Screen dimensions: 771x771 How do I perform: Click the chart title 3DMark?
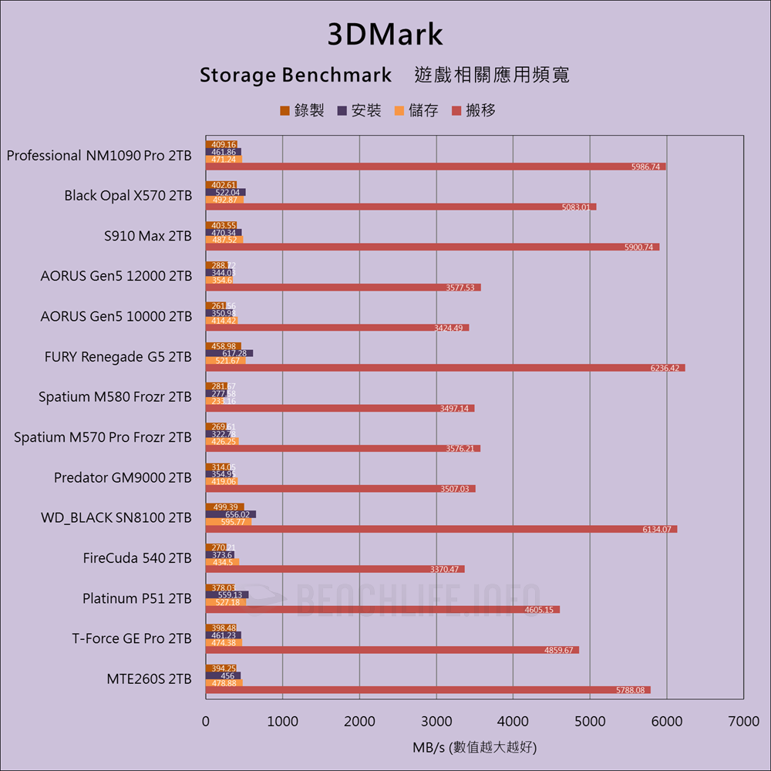point(385,35)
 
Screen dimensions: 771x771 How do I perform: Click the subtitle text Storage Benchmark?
point(295,76)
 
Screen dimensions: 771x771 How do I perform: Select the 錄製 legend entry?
point(301,110)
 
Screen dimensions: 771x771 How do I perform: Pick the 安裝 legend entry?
point(359,110)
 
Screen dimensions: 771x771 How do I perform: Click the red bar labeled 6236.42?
point(445,368)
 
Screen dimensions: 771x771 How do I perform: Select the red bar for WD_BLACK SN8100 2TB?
point(441,529)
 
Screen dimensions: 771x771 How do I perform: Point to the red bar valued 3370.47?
point(335,569)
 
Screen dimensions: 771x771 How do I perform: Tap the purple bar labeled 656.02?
point(231,514)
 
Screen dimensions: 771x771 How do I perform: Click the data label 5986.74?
point(645,167)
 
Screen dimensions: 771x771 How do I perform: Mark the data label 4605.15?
point(538,610)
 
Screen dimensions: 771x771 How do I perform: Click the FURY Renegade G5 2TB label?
point(118,357)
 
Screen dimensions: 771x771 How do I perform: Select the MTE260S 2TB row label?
point(149,679)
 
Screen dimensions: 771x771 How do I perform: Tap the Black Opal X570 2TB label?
point(128,196)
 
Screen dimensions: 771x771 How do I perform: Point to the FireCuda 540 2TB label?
point(137,558)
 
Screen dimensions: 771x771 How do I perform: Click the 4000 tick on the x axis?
point(513,722)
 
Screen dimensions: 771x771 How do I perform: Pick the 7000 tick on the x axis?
point(743,722)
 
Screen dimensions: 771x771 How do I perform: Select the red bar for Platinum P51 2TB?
point(382,610)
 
